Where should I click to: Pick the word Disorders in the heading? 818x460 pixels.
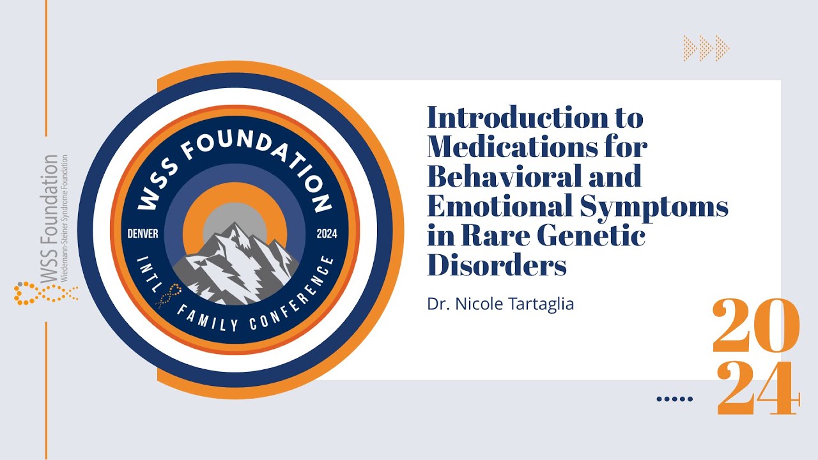(497, 264)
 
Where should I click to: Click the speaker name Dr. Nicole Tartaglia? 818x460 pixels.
(500, 304)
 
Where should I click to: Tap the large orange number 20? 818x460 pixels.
(755, 326)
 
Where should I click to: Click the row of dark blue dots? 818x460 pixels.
(675, 399)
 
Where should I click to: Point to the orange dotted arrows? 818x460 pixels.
(706, 48)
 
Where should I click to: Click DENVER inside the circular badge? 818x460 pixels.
(143, 233)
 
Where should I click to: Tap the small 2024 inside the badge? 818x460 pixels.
(327, 233)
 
